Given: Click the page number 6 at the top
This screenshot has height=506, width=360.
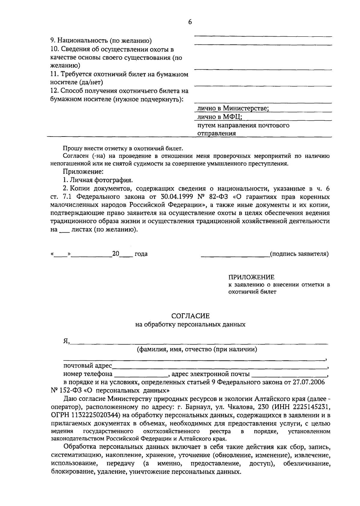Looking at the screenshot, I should (x=190, y=22).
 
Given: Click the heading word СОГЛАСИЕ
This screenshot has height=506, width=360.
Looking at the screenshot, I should (x=190, y=316).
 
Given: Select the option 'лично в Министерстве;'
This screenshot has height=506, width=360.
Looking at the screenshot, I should (x=232, y=108).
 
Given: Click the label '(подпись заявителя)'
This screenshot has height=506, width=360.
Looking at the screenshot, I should (x=299, y=254).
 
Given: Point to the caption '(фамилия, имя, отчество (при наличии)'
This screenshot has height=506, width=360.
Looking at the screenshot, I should (x=197, y=349).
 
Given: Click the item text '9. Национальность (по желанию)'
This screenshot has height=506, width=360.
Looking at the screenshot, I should (x=100, y=40).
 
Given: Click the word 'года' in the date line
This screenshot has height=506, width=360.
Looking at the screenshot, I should (x=141, y=254).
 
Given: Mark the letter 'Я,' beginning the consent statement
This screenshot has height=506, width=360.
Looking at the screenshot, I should (x=66, y=341).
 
